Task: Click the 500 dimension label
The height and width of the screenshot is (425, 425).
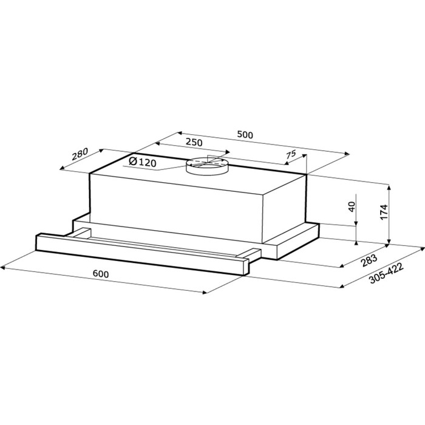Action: point(245,135)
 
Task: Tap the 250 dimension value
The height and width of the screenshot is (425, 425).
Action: point(194,142)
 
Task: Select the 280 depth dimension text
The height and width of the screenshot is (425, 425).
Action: point(80,154)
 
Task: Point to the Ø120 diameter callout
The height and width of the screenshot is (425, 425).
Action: point(143,162)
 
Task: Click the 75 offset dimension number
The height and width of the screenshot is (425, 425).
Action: point(291,155)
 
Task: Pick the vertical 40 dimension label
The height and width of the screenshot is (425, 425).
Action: point(352,207)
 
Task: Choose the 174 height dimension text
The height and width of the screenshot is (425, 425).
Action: point(384,212)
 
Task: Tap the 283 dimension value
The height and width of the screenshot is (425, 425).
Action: point(369,260)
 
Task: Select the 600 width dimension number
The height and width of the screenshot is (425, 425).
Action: point(101,274)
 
